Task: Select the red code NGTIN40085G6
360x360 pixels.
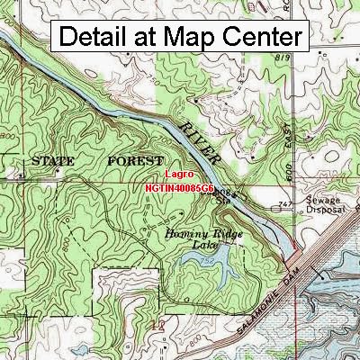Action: pyautogui.click(x=178, y=189)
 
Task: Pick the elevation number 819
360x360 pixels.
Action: pyautogui.click(x=284, y=57)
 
